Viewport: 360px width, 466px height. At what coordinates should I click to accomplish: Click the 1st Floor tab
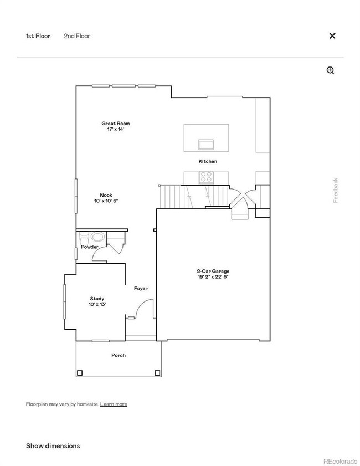[x=38, y=36]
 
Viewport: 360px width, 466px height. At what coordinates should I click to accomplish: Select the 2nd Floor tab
[x=77, y=36]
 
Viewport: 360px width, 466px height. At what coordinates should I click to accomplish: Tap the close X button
[x=332, y=36]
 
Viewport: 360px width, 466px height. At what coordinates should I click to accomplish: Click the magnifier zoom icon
[x=331, y=70]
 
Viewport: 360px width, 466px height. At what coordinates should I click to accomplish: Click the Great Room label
[x=115, y=124]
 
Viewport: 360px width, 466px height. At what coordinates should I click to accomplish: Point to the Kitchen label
[x=208, y=161]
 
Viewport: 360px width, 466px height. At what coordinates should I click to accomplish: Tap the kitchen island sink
[x=206, y=145]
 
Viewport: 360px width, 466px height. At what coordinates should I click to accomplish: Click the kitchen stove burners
[x=206, y=177]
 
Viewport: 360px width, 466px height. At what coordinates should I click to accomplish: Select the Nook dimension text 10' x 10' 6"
[x=106, y=201]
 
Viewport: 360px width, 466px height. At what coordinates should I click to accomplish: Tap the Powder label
[x=90, y=247]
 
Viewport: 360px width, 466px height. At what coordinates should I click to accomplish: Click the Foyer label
[x=141, y=289]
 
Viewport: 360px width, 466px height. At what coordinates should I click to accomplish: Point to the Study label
[x=97, y=299]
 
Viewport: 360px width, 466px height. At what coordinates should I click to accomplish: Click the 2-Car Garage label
[x=213, y=270]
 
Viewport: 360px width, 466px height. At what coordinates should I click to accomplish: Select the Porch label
[x=119, y=355]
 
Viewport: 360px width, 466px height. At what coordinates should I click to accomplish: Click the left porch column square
[x=80, y=372]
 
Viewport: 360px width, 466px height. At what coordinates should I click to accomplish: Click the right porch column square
[x=158, y=372]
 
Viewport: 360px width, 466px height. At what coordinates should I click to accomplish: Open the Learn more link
[x=114, y=404]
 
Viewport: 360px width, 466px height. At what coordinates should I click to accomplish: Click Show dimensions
[x=53, y=446]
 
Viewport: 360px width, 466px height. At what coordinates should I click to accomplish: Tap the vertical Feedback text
[x=336, y=190]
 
